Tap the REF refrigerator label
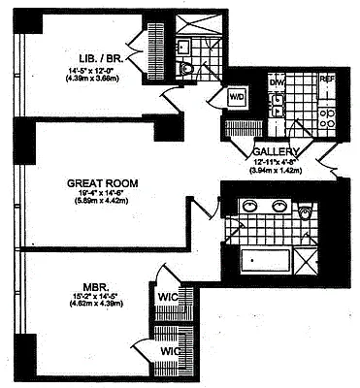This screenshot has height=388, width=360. click(x=327, y=80)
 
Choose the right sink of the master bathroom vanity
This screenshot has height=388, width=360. click(x=279, y=206)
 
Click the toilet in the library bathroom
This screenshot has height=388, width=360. click(x=188, y=69)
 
